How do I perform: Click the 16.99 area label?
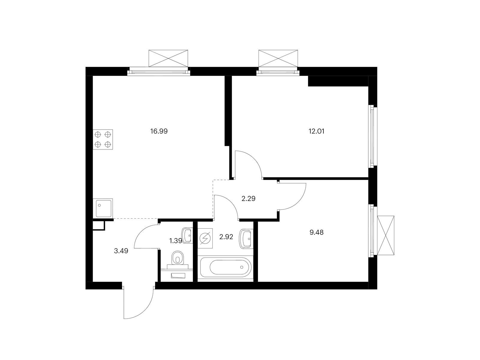159,131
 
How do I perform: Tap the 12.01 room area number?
316,131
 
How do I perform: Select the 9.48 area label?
316,232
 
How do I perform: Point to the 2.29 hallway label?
248,199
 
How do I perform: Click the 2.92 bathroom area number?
226,237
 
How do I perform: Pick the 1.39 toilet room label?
175,241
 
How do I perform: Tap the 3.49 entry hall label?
121,251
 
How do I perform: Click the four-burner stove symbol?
103,139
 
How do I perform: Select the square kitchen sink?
103,208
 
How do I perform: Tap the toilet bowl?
178,258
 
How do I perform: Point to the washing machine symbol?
205,238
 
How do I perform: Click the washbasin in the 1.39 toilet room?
187,235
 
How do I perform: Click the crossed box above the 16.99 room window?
168,58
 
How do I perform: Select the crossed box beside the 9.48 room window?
386,235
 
